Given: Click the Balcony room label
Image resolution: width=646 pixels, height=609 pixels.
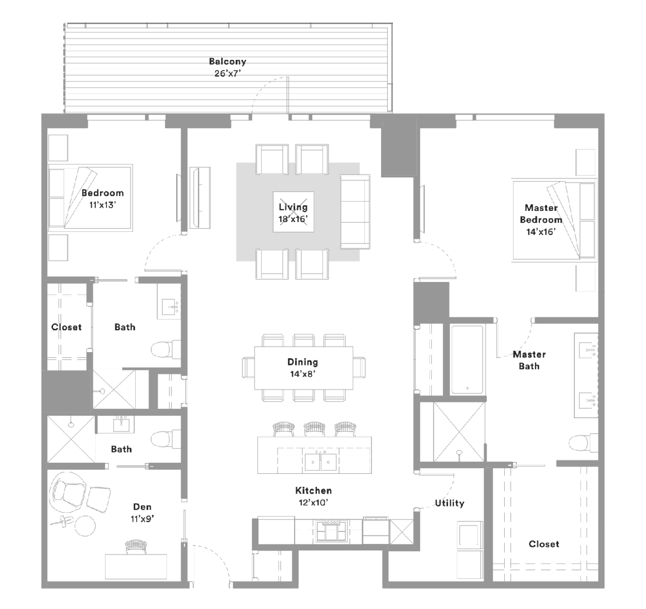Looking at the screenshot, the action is coord(227,62).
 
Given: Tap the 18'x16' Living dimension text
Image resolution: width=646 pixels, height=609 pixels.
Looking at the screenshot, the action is coord(293,219).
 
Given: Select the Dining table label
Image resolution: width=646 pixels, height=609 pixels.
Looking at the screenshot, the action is coord(302,362).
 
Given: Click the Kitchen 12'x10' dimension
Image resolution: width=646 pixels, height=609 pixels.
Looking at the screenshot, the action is coord(313,503).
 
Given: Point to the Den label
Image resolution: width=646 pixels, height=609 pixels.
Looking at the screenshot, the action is coord(142,507).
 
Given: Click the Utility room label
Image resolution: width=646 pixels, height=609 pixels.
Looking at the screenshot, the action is coord(450,503).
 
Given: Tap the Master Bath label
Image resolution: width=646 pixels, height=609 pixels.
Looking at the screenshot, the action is coord(529,360).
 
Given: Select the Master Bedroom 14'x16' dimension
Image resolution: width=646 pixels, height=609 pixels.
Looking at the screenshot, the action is coord(541,232).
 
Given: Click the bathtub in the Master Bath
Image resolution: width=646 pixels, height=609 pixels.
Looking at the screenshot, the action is coord(467,360).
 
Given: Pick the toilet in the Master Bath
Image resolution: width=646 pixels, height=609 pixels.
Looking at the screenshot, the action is coord(584,442).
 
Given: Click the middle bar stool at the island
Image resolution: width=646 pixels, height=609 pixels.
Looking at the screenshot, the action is coord(314,429).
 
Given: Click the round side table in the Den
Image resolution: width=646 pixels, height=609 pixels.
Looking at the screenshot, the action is coord(85,526).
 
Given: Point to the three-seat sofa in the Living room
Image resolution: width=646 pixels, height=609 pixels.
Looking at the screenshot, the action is coord(355,212).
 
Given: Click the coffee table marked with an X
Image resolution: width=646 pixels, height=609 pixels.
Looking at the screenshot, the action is coord(293,212).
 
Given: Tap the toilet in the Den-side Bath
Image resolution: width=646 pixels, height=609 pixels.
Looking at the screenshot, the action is coord(166,439).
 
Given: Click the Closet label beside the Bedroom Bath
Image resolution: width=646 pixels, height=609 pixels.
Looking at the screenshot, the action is coord(66,327).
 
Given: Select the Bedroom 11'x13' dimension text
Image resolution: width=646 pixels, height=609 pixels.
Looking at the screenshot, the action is coord(103,205).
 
